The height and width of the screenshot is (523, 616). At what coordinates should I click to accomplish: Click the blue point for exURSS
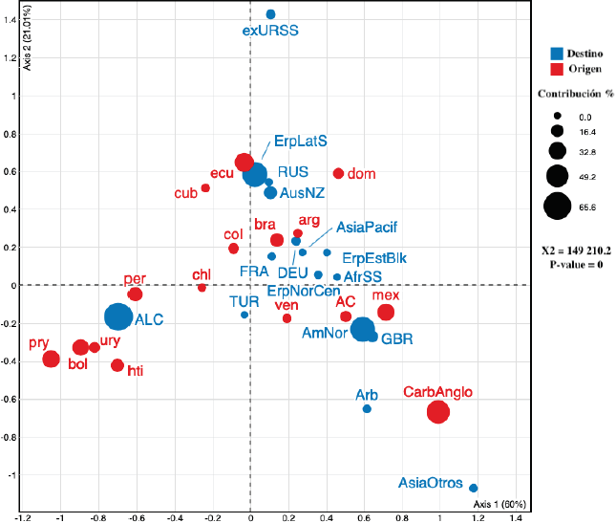pos(270,14)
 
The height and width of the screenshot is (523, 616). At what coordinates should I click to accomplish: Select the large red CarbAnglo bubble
pos(438,412)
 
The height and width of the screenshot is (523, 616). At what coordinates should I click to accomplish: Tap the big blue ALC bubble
pos(117,316)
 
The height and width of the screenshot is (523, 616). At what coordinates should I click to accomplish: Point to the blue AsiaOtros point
pos(474,488)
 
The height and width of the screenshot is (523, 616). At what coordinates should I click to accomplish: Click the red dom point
pos(338,173)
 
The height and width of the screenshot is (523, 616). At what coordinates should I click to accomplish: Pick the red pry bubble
pos(51,360)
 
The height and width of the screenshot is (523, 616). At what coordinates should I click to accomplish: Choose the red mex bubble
pos(386,312)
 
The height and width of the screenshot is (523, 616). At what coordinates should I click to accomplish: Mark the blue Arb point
pos(367,409)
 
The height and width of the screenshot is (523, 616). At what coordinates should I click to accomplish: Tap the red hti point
pos(117,365)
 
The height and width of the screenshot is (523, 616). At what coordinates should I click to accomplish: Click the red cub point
pos(205,187)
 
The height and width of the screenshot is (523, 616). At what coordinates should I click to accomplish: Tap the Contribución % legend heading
pos(575,95)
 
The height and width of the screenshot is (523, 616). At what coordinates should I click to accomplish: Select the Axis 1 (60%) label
pos(499,503)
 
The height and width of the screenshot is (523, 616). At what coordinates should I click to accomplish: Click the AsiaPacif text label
pos(364,228)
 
